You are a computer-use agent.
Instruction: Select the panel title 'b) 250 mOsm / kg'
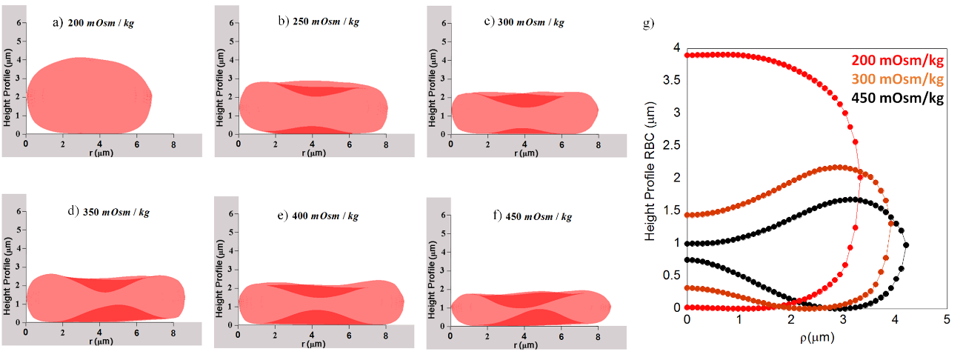[x=319, y=22]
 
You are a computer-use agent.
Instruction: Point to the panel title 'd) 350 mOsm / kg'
[x=108, y=213]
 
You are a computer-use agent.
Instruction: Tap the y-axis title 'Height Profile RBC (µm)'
[x=650, y=178]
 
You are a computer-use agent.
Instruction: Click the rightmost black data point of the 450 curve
[x=906, y=245]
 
